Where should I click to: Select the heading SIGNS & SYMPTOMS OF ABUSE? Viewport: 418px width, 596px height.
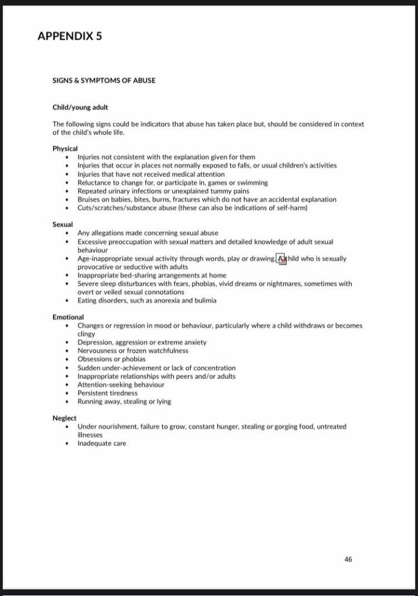pos(104,80)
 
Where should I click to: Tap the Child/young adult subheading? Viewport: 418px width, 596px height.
pos(80,107)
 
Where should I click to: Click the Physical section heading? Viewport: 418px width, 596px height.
pos(65,148)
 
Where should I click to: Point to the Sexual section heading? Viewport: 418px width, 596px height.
pos(62,224)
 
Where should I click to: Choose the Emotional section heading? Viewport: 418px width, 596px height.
pos(68,317)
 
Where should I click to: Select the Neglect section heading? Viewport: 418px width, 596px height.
pos(65,418)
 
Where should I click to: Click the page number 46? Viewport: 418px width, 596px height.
pos(348,559)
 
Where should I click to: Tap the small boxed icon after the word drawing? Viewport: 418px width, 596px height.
pos(281,259)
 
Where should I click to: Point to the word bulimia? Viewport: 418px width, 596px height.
pos(204,300)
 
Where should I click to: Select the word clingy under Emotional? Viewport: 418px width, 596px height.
pos(86,334)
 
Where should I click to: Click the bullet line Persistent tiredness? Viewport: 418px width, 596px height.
pos(108,393)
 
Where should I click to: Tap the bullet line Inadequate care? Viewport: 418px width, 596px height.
pos(102,444)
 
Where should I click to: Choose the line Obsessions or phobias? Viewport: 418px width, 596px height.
pos(112,359)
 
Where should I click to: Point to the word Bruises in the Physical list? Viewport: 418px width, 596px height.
pos(90,200)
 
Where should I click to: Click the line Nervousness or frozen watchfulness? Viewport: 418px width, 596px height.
pos(133,351)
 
